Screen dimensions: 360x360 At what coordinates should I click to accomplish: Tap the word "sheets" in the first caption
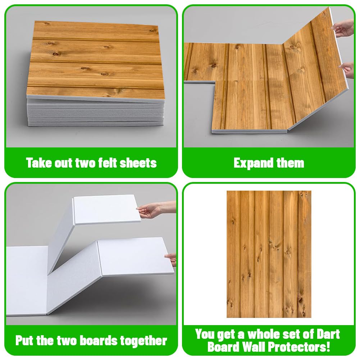(139, 163)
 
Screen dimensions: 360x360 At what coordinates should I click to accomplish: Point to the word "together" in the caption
(145, 341)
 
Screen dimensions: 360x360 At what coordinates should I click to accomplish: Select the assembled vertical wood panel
(269, 254)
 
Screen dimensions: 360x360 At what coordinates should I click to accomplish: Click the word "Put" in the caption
(26, 341)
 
